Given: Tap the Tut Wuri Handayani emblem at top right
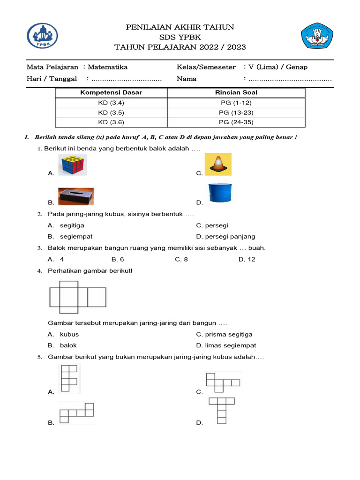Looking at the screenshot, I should pyautogui.click(x=317, y=36).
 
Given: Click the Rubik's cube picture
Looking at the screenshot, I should pyautogui.click(x=73, y=165).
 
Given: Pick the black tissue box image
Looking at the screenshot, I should pyautogui.click(x=76, y=197).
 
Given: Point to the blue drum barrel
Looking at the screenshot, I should pyautogui.click(x=220, y=193).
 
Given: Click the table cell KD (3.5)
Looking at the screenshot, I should pyautogui.click(x=111, y=112).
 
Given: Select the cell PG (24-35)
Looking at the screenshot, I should pyautogui.click(x=236, y=122).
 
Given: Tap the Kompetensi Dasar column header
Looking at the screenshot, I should pyautogui.click(x=111, y=92).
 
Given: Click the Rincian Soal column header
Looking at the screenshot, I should pyautogui.click(x=236, y=92).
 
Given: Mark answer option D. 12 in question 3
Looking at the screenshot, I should pyautogui.click(x=247, y=259).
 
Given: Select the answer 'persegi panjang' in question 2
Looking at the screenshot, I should pyautogui.click(x=226, y=236).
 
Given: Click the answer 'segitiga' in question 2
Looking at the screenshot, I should pyautogui.click(x=72, y=225).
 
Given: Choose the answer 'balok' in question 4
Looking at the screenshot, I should pyautogui.click(x=68, y=345).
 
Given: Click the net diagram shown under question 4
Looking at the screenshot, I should pyautogui.click(x=78, y=297).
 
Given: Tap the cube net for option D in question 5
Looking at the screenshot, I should pyautogui.click(x=221, y=410).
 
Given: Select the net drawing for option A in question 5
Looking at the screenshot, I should pyautogui.click(x=69, y=378).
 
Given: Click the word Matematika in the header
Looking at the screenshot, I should pyautogui.click(x=107, y=67).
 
